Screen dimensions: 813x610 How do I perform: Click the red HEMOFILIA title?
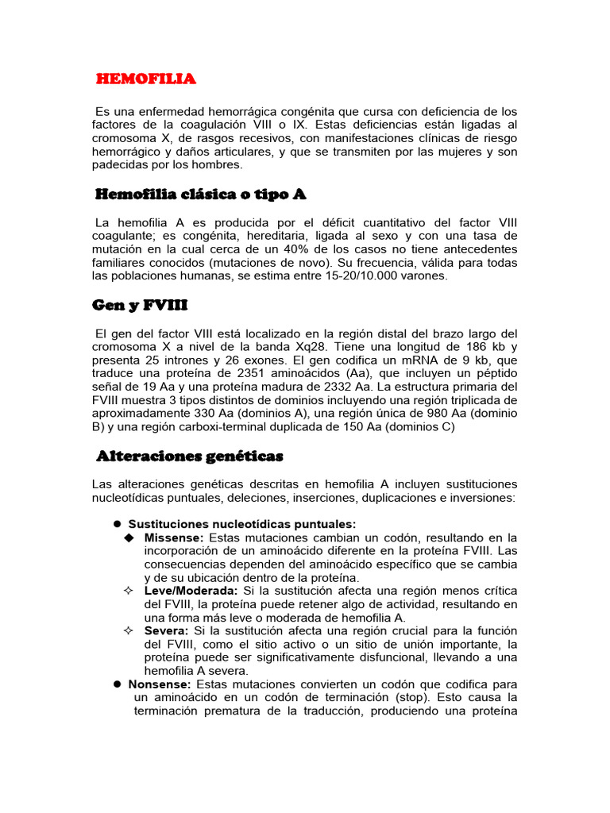(146, 79)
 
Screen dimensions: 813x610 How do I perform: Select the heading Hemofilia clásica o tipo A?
(200, 195)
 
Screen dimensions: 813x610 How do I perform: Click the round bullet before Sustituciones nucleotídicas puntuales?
(116, 523)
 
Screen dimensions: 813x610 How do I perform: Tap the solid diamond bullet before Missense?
(129, 538)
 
